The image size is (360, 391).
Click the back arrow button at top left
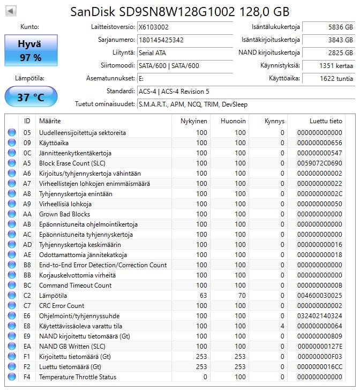coord(11,11)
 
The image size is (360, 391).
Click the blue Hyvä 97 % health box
coord(30,50)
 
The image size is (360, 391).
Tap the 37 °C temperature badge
coord(31,97)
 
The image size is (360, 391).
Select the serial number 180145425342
coord(161,40)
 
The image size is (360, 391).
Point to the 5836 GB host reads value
coord(341,26)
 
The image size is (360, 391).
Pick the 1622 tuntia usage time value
coord(338,79)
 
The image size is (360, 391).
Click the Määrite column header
coord(50,121)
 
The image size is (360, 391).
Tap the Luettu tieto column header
coord(326,121)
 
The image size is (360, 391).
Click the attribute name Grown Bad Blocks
coord(64,214)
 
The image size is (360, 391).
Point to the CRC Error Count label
coord(62,306)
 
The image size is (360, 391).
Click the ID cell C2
coord(27,296)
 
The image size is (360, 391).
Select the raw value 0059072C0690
coord(320,163)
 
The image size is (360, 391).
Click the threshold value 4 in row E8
coord(282,326)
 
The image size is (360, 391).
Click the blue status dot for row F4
coord(12,377)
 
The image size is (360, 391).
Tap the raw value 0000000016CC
coord(320,367)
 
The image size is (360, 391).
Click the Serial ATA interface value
coord(152,52)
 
